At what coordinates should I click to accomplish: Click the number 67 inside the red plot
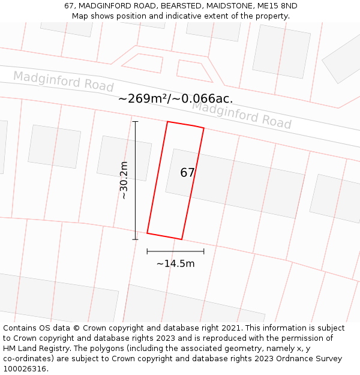[187, 173]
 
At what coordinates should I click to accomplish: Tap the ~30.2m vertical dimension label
[124, 180]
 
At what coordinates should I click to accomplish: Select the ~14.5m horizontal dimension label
[175, 263]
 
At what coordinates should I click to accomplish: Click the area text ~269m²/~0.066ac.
[175, 99]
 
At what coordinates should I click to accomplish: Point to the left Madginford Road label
[63, 81]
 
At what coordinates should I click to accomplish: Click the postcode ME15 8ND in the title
[277, 6]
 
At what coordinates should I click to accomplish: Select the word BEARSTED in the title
[178, 6]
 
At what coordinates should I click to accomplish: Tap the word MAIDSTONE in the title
[229, 6]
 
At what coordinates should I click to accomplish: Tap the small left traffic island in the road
[143, 63]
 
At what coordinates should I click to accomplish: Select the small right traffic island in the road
[194, 70]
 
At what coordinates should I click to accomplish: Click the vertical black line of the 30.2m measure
[136, 180]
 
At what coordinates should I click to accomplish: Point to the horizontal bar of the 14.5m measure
[175, 251]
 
